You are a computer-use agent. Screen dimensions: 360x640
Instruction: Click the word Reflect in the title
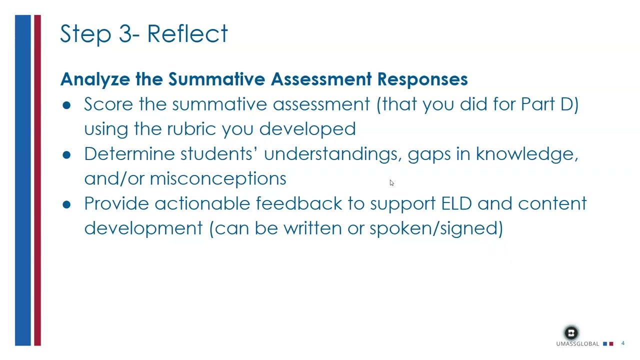point(187,34)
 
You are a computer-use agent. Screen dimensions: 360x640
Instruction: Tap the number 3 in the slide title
point(124,34)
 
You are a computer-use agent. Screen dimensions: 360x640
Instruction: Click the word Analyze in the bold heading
point(95,79)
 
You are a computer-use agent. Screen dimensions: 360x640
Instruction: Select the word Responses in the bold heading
point(422,79)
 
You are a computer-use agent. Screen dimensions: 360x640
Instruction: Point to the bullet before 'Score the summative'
point(67,104)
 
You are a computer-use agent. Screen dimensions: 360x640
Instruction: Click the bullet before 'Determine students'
point(67,154)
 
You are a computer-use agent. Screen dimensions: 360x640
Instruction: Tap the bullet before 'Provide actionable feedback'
point(67,204)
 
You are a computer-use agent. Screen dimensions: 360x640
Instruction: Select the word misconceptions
point(217,178)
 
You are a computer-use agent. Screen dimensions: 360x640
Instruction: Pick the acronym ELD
point(456,203)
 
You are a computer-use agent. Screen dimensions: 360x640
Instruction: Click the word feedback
point(298,203)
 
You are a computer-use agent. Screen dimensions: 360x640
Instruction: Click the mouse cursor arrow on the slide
point(391,183)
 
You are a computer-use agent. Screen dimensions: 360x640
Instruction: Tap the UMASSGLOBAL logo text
point(577,344)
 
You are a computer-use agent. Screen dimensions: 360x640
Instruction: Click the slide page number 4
point(623,343)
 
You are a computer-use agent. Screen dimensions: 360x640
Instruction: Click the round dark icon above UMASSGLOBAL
point(571,333)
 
